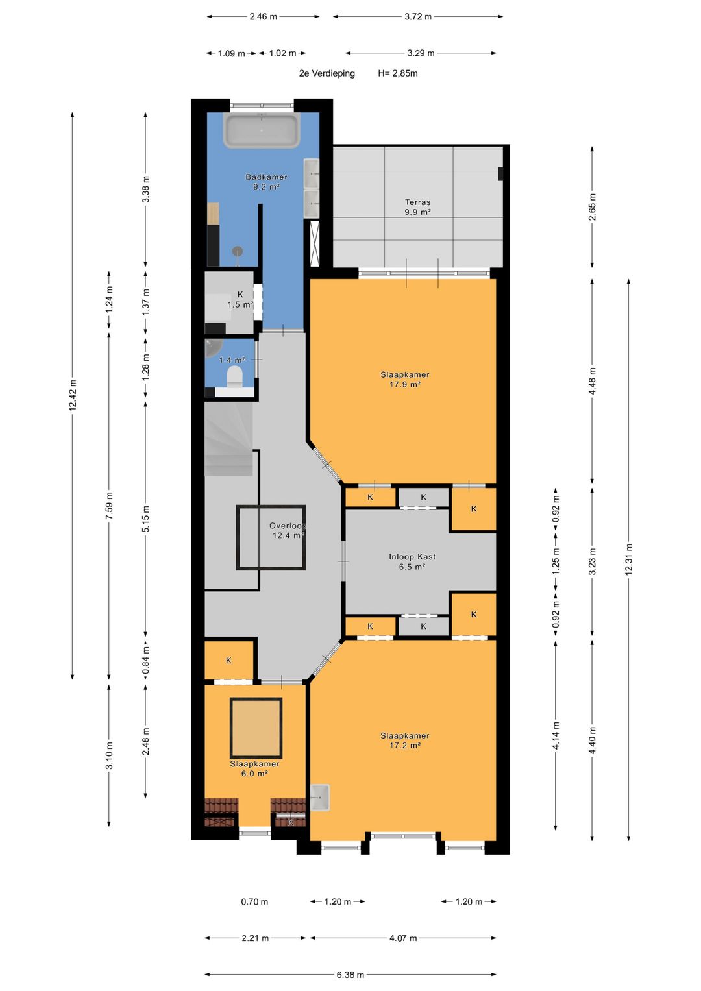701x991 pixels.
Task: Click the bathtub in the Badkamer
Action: [x=262, y=130]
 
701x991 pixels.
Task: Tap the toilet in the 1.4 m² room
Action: [x=234, y=378]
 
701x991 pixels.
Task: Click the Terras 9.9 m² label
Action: [x=418, y=207]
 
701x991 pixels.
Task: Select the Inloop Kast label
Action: [x=412, y=557]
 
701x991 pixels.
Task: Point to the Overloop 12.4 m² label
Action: [x=288, y=530]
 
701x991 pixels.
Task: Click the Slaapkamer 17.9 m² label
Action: [x=405, y=379]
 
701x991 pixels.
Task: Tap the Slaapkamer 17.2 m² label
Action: [x=405, y=740]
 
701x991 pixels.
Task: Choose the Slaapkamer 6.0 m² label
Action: [x=254, y=768]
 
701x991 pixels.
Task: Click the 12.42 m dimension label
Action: [x=73, y=395]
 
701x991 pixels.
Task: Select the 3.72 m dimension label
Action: [x=418, y=17]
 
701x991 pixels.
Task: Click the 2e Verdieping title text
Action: [x=327, y=73]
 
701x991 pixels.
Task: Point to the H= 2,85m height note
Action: [x=398, y=73]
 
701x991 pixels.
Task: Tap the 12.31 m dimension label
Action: [x=629, y=559]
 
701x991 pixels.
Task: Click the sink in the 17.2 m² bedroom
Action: [x=319, y=797]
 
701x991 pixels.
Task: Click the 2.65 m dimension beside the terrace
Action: [x=593, y=207]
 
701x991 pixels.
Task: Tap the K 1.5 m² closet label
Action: [x=240, y=300]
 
